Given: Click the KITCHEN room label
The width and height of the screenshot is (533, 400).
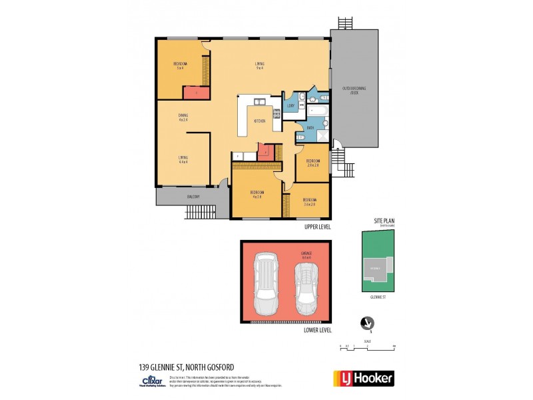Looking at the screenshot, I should [260, 121].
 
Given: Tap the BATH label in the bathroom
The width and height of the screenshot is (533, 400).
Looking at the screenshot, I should [310, 127].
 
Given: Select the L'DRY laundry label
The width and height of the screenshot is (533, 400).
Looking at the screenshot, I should [290, 106].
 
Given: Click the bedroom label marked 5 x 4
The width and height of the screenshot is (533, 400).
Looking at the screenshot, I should [180, 65].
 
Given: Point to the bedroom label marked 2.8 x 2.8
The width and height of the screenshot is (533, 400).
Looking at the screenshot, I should [312, 163].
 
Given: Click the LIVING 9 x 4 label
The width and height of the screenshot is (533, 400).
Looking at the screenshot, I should [259, 65].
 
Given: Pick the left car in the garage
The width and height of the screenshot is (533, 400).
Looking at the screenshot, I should [267, 284].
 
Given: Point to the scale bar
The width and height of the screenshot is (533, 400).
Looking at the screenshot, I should [367, 347].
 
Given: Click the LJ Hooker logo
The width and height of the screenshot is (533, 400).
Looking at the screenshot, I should [363, 378].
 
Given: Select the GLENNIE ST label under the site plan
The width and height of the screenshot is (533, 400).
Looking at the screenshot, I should [378, 299].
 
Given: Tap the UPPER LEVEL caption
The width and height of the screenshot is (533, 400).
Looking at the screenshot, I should [317, 227].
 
